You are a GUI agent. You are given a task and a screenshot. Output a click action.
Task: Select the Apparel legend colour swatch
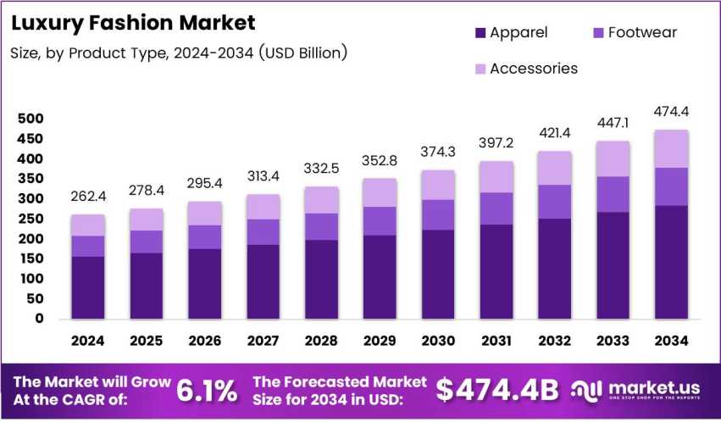pyautogui.click(x=481, y=33)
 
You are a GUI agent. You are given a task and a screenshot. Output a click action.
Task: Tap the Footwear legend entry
pyautogui.click(x=630, y=33)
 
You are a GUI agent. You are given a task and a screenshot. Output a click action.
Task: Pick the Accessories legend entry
pyautogui.click(x=534, y=69)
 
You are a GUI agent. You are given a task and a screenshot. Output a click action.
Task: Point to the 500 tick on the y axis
pyautogui.click(x=30, y=119)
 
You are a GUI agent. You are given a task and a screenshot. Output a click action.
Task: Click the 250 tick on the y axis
pyautogui.click(x=30, y=219)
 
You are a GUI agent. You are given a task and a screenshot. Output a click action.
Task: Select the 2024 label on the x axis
pyautogui.click(x=88, y=341)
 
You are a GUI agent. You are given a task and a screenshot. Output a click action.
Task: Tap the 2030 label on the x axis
pyautogui.click(x=437, y=341)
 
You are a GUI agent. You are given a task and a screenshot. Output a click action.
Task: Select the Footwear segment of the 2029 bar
pyautogui.click(x=379, y=221)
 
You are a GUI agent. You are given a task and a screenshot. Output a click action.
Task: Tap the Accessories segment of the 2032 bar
pyautogui.click(x=553, y=169)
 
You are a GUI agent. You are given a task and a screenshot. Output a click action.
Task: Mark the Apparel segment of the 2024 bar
pyautogui.click(x=88, y=288)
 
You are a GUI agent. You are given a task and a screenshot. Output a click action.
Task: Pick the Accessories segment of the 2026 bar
pyautogui.click(x=204, y=214)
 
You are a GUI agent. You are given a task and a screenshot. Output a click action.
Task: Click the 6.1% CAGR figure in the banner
pyautogui.click(x=206, y=390)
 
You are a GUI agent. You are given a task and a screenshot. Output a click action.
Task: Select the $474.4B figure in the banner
pyautogui.click(x=497, y=390)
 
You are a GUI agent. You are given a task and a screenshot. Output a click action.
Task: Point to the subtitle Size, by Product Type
pyautogui.click(x=179, y=53)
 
